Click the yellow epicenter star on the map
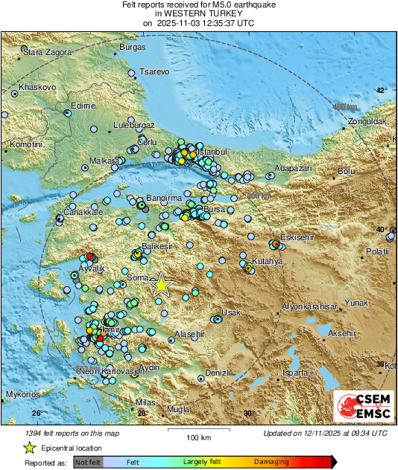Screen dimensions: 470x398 (x=161, y=285)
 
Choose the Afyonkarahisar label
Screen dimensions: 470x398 (x=309, y=306)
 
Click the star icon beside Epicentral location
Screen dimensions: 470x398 (x=29, y=448)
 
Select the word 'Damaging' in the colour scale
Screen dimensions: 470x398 (x=272, y=462)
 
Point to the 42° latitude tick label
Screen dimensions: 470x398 (x=381, y=91)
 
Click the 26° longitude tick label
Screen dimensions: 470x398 (x=35, y=413)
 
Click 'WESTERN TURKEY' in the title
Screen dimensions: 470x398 (x=198, y=13)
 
